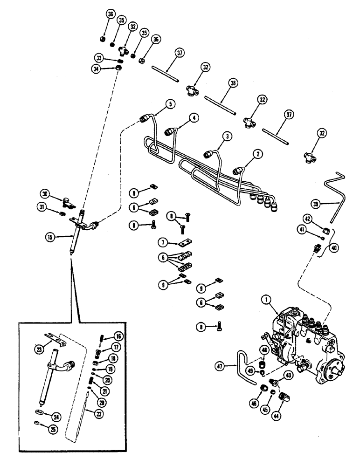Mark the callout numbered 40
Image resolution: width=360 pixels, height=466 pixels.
tap(333, 248)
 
